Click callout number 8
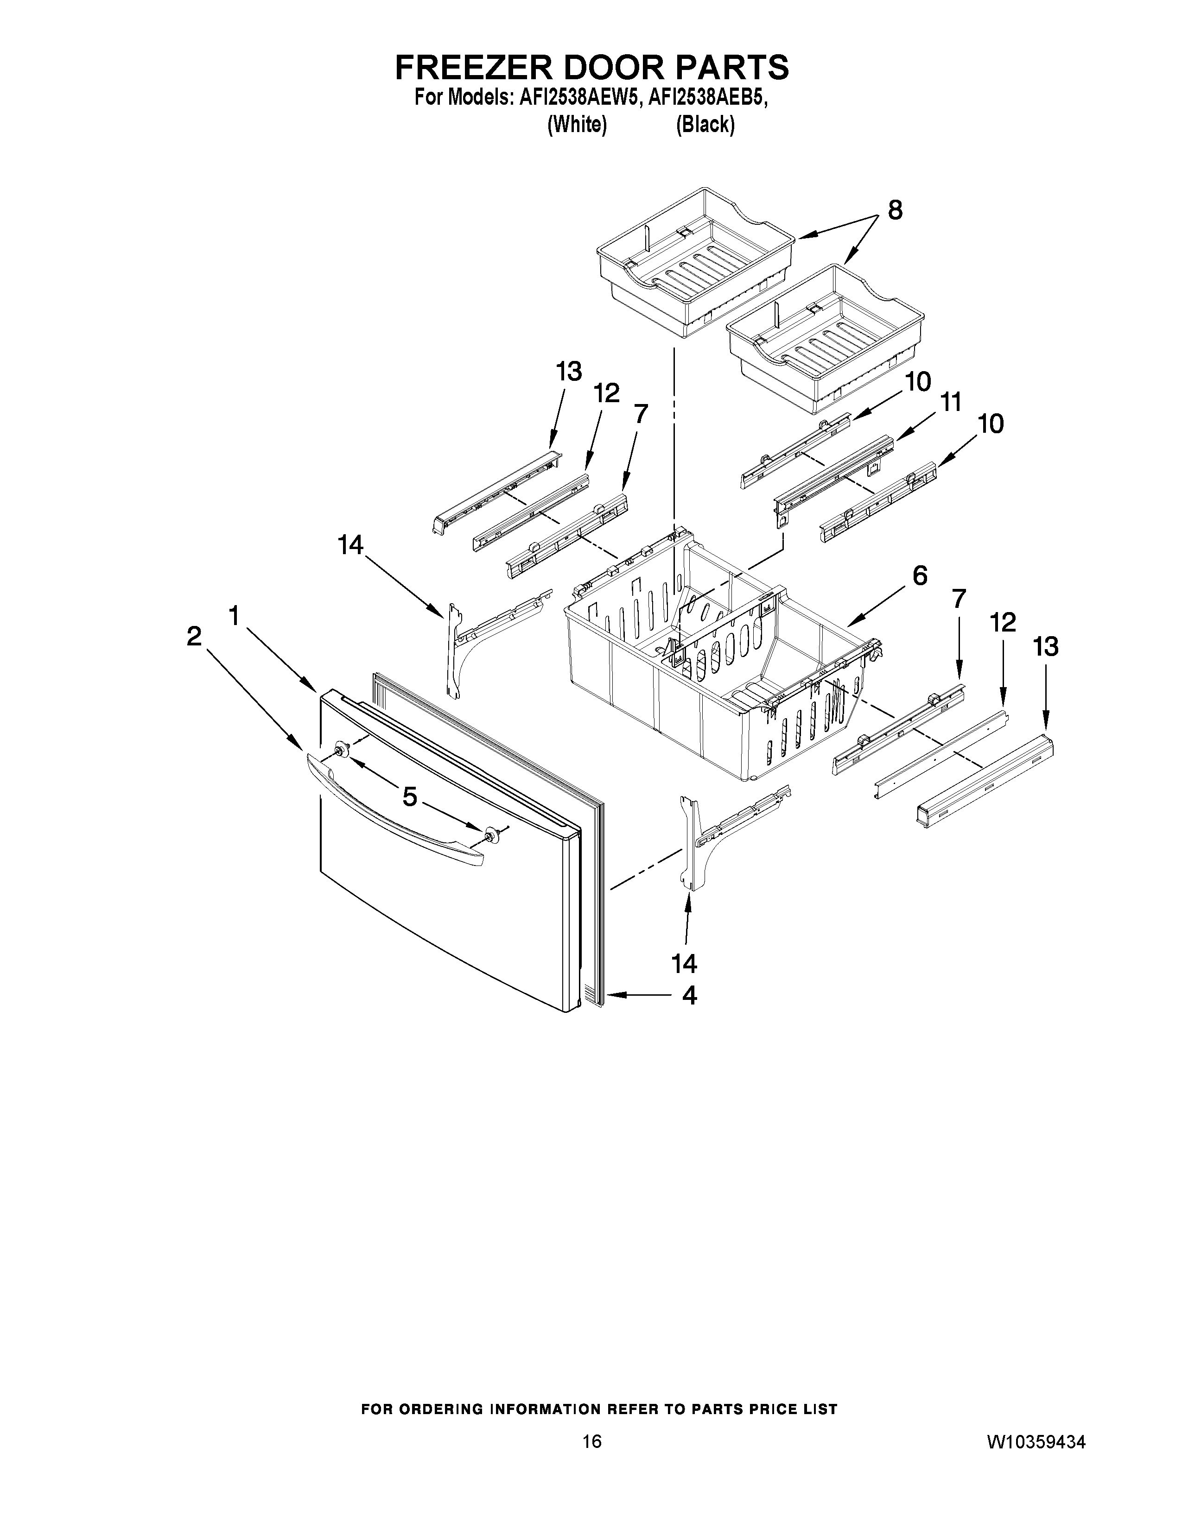click(895, 211)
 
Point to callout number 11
click(950, 403)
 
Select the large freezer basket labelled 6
click(714, 672)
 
